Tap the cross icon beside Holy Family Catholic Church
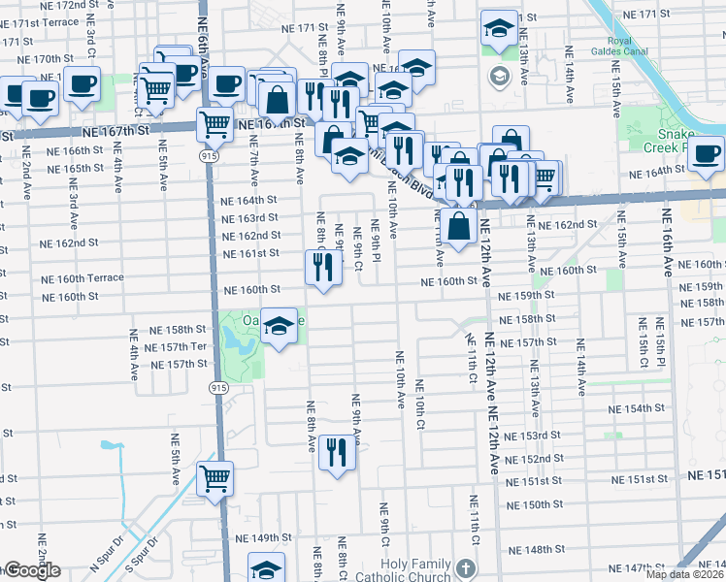click(x=466, y=568)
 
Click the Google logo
click(x=31, y=571)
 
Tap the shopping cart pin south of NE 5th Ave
click(x=214, y=476)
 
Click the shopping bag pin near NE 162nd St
click(x=459, y=227)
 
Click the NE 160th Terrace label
click(x=82, y=277)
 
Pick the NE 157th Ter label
click(x=177, y=346)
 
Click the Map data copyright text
click(x=684, y=574)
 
